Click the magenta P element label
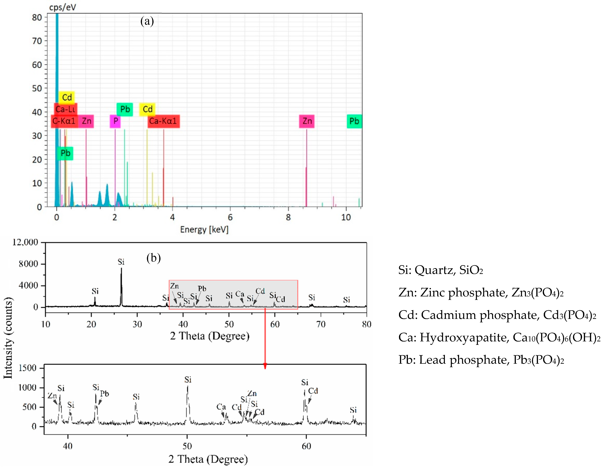(x=115, y=121)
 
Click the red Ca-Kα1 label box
(x=163, y=121)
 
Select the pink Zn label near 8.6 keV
(x=307, y=121)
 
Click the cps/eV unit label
(x=63, y=7)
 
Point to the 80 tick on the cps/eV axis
(x=37, y=18)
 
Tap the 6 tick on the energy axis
(x=230, y=217)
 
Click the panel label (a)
(x=147, y=21)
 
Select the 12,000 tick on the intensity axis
(x=25, y=242)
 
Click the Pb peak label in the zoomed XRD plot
(x=104, y=394)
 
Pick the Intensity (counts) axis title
(x=8, y=338)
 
